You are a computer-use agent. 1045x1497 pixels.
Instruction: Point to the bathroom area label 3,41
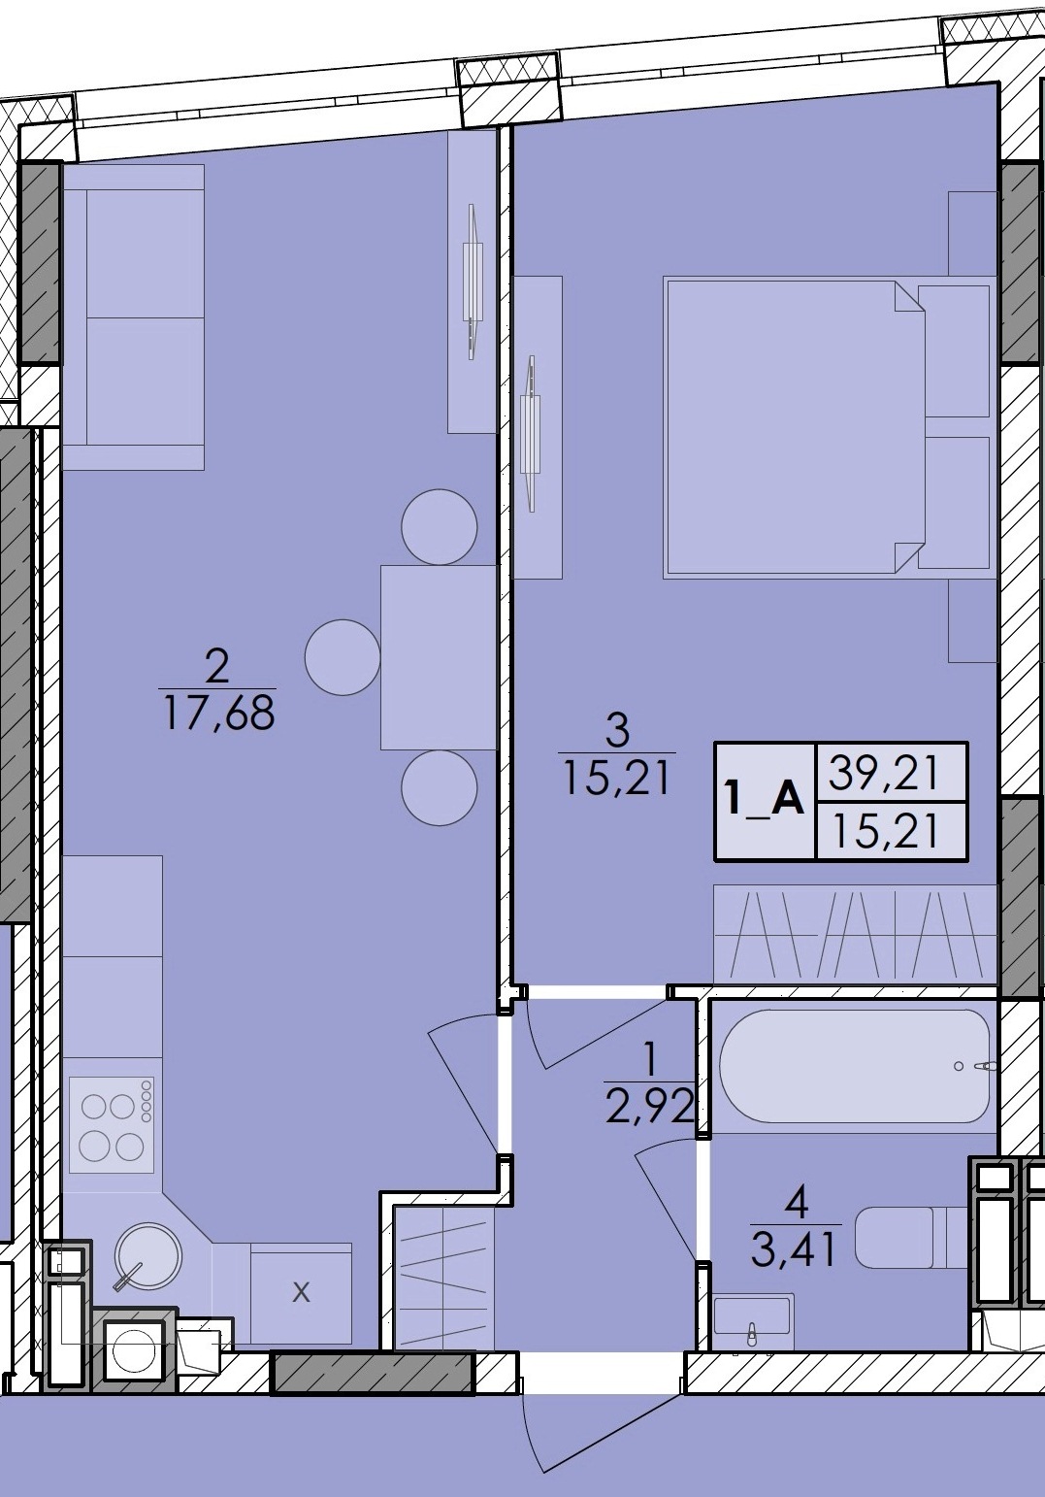click(x=794, y=1249)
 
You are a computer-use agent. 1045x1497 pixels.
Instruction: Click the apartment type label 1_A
click(x=766, y=802)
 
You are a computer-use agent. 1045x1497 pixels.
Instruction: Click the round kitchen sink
click(x=147, y=1255)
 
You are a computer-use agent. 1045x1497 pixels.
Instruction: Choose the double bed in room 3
click(x=827, y=428)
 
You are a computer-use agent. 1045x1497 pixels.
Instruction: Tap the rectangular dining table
click(x=438, y=657)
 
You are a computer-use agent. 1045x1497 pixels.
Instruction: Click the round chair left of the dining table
click(x=343, y=657)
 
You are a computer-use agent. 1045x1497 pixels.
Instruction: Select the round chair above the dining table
click(x=440, y=526)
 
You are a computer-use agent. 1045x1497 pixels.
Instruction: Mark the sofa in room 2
click(x=134, y=316)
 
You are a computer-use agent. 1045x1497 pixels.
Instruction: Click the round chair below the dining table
click(x=440, y=787)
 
